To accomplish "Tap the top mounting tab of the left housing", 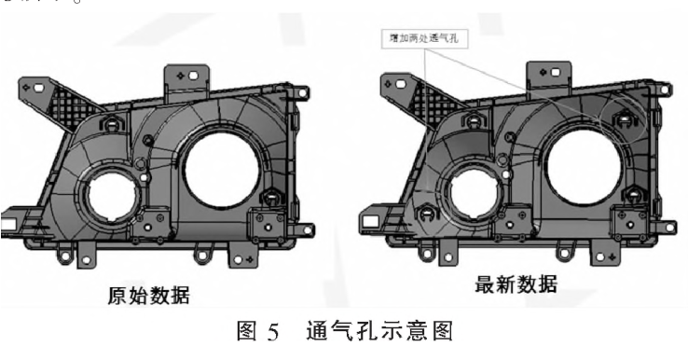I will coord(186,76).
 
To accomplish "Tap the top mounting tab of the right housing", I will coord(549,73).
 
